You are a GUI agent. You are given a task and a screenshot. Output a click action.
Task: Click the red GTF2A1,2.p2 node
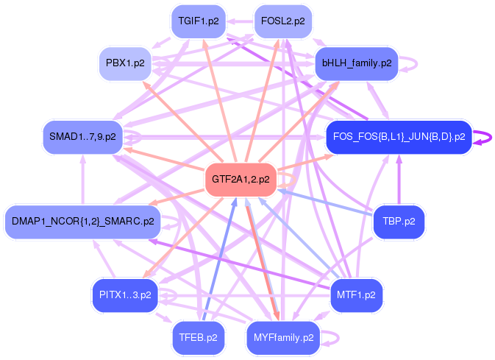pos(241,179)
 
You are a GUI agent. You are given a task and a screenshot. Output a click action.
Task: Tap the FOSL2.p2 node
pos(282,21)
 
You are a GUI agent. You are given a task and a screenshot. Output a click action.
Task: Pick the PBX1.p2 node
pos(125,63)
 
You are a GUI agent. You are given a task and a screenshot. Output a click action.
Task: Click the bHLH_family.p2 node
pos(357,63)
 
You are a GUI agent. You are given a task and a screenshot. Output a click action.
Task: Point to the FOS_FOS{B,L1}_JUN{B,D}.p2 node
pos(398,137)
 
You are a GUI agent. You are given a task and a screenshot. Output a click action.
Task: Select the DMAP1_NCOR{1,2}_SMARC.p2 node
pos(82,221)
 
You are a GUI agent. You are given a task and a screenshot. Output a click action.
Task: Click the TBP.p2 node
pos(399,220)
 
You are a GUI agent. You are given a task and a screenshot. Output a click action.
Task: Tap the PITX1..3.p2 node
pos(124,294)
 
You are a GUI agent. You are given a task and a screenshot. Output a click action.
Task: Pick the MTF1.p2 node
pos(356,294)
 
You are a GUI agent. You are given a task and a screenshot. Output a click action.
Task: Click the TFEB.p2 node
pos(198,338)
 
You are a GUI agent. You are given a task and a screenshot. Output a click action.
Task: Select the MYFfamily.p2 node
pos(283,338)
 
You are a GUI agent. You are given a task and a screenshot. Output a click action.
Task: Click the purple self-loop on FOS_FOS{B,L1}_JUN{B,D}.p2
pos(483,138)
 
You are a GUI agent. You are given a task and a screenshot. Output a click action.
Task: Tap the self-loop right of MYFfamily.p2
pos(332,339)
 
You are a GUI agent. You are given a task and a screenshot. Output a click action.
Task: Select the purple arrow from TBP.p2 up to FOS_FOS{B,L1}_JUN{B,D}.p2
pos(399,180)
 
